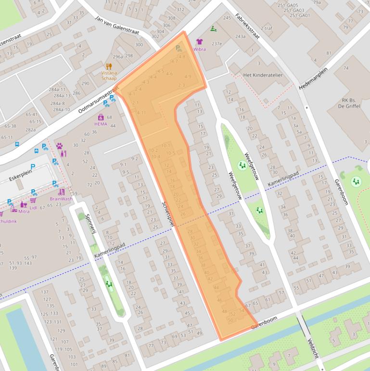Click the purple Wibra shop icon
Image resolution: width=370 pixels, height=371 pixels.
tap(199, 42)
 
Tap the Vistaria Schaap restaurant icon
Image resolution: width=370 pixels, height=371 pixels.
tap(109, 66)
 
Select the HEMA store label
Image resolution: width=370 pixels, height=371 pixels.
tap(101, 124)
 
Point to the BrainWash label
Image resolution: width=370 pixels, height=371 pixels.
tap(61, 199)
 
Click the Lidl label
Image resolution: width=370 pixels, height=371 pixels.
tap(33, 207)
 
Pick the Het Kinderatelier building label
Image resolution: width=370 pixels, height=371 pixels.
tap(263, 75)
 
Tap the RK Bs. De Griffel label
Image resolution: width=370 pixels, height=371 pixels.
tap(351, 104)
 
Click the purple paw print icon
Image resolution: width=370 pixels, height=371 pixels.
tap(60, 146)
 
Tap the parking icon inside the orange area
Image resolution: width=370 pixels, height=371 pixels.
tap(179, 48)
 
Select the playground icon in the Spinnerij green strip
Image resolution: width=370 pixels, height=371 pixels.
tap(108, 284)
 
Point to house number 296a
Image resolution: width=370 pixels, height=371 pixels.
tap(117, 56)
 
